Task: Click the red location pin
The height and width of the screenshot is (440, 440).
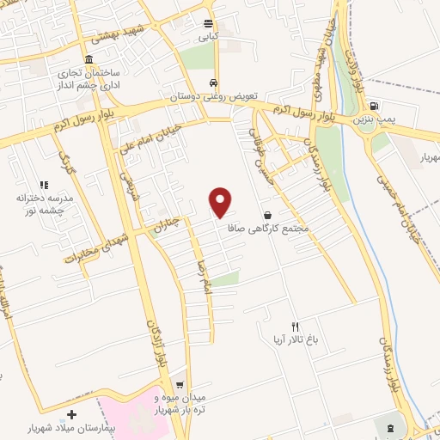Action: pos(221,201)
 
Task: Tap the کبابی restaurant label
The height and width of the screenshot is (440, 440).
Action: pos(210,38)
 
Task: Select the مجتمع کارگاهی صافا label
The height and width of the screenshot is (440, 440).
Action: pos(268,229)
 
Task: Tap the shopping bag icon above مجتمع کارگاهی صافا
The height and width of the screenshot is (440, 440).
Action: pos(268,214)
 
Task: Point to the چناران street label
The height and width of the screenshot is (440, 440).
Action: pos(168,224)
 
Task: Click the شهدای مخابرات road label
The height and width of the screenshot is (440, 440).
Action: pos(94,246)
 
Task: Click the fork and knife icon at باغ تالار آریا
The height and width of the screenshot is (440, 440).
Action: pos(295,327)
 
